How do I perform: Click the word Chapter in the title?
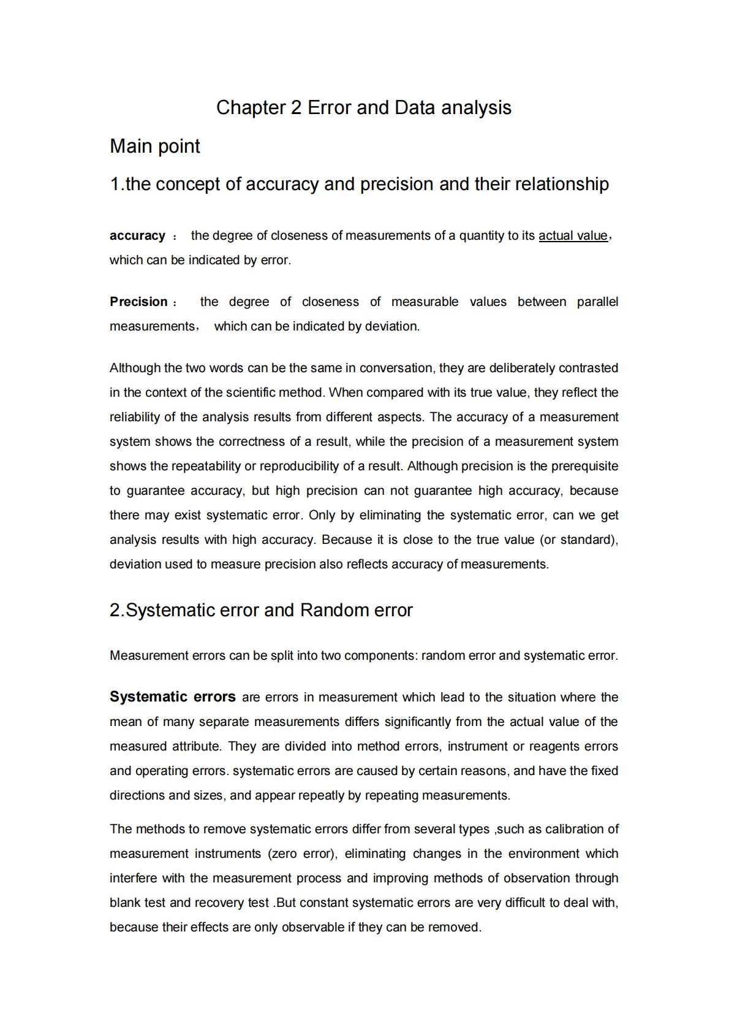[250, 108]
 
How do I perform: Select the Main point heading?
[155, 147]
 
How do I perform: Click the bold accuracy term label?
[137, 236]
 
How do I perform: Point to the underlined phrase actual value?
[573, 236]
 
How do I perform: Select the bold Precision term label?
[138, 302]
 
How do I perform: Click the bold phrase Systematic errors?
[172, 697]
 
